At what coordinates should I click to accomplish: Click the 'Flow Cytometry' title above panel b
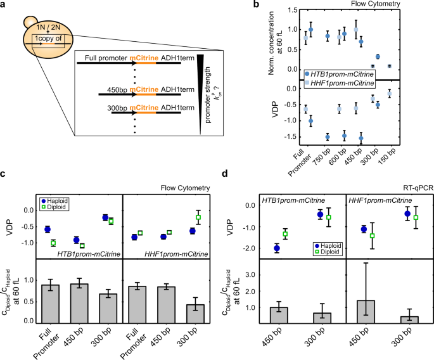tap(402, 5)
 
